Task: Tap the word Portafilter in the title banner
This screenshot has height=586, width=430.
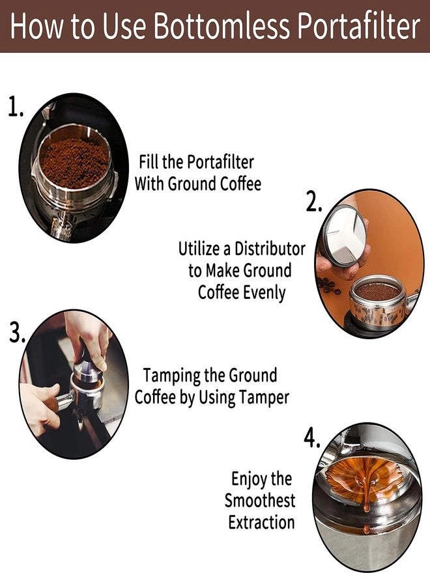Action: tap(354, 26)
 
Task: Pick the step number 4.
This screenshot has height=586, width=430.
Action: tap(312, 439)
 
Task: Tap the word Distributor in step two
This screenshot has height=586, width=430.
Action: tap(270, 249)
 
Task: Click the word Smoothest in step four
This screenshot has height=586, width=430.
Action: tap(260, 501)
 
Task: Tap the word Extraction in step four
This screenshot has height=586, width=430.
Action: tap(261, 522)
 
